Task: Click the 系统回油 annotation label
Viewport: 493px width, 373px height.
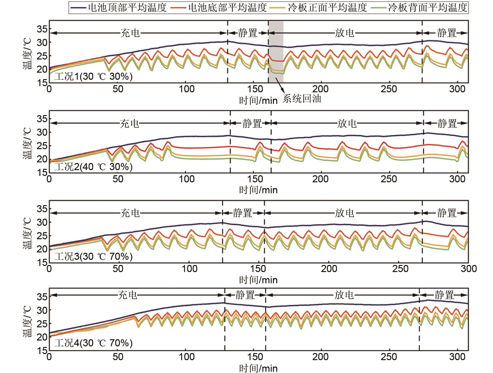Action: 302,99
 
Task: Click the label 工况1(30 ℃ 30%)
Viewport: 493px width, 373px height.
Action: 93,77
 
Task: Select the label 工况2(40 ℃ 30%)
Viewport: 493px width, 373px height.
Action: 93,167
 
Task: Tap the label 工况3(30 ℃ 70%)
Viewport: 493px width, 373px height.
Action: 93,257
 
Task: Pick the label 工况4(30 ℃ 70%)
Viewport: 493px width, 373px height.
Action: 93,343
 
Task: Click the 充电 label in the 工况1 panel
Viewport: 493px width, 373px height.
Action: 130,33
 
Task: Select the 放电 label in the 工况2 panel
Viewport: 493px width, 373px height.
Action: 347,123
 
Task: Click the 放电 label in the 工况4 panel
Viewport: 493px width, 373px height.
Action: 344,295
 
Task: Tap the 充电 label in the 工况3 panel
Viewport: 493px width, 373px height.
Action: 130,213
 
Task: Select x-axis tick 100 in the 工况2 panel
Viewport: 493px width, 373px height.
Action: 187,178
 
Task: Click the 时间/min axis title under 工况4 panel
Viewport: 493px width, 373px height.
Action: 258,368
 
